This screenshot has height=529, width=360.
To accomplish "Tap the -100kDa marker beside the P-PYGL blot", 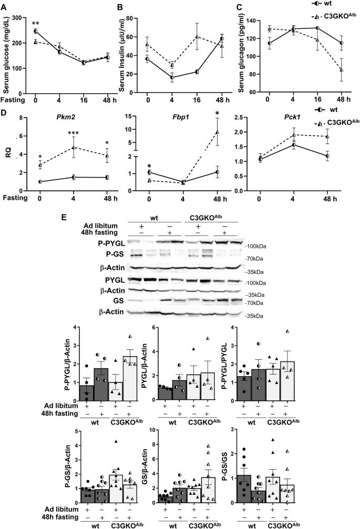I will (x=255, y=246).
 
